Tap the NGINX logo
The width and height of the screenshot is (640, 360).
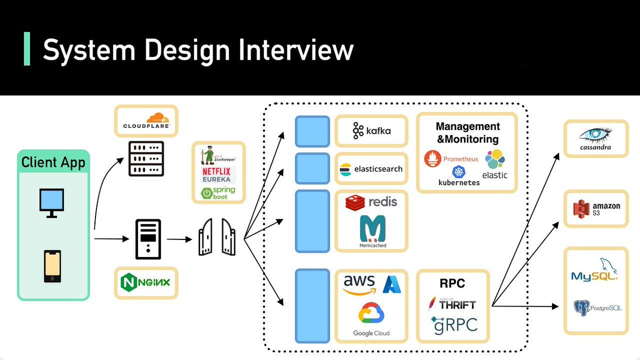tap(146, 281)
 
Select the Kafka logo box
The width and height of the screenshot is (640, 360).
tap(371, 130)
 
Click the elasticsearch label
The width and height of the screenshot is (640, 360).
tap(378, 169)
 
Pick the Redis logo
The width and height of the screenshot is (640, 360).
tap(371, 202)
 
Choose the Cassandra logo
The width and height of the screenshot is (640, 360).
tap(595, 138)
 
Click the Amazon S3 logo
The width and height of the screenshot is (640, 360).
tap(595, 209)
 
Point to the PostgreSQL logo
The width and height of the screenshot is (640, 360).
tap(596, 308)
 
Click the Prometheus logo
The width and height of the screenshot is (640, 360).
tap(451, 159)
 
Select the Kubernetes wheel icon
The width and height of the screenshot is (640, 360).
tap(459, 172)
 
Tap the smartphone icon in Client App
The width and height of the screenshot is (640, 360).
tap(52, 266)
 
